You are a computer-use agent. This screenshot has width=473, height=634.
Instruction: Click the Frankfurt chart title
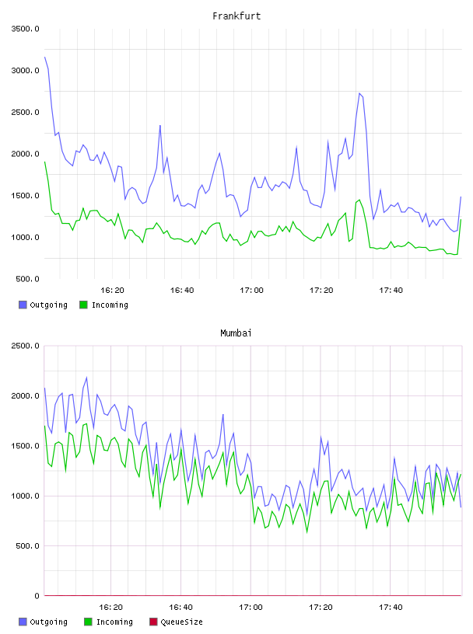point(236,16)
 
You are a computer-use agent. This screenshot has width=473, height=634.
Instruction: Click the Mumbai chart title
point(236,333)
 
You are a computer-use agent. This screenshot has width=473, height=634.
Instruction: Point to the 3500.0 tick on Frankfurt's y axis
point(25,29)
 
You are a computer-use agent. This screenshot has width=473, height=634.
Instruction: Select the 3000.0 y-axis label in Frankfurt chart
point(25,71)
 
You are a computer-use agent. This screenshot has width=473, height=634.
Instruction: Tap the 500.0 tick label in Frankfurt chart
point(27,279)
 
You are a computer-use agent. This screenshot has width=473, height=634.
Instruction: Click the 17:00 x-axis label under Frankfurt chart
point(251,291)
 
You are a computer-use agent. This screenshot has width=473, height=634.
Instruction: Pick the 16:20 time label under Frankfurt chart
point(112,291)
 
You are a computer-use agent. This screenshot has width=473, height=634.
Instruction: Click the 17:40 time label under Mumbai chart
point(391,608)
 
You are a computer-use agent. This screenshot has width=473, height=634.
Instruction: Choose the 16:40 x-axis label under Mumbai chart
point(180,608)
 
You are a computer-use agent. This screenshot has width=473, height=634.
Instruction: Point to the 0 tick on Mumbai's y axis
point(37,596)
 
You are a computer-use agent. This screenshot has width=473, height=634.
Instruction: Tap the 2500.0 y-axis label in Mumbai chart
point(25,346)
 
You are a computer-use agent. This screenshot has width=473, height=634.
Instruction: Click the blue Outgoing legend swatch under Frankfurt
point(23,305)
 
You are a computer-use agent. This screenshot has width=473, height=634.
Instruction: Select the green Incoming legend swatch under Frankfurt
point(83,305)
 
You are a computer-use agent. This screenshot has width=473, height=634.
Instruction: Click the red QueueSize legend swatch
point(153,622)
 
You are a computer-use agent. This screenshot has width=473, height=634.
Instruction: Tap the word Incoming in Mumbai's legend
point(114,622)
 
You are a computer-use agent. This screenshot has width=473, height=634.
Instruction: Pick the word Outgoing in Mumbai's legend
point(48,622)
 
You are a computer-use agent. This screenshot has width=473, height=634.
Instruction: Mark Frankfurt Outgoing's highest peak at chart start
point(45,57)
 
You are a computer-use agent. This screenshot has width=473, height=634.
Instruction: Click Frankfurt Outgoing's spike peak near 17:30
point(359,93)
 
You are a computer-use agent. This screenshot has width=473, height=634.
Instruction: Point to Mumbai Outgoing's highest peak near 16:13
point(86,378)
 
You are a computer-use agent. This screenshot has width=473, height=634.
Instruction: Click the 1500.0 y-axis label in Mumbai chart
point(25,446)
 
